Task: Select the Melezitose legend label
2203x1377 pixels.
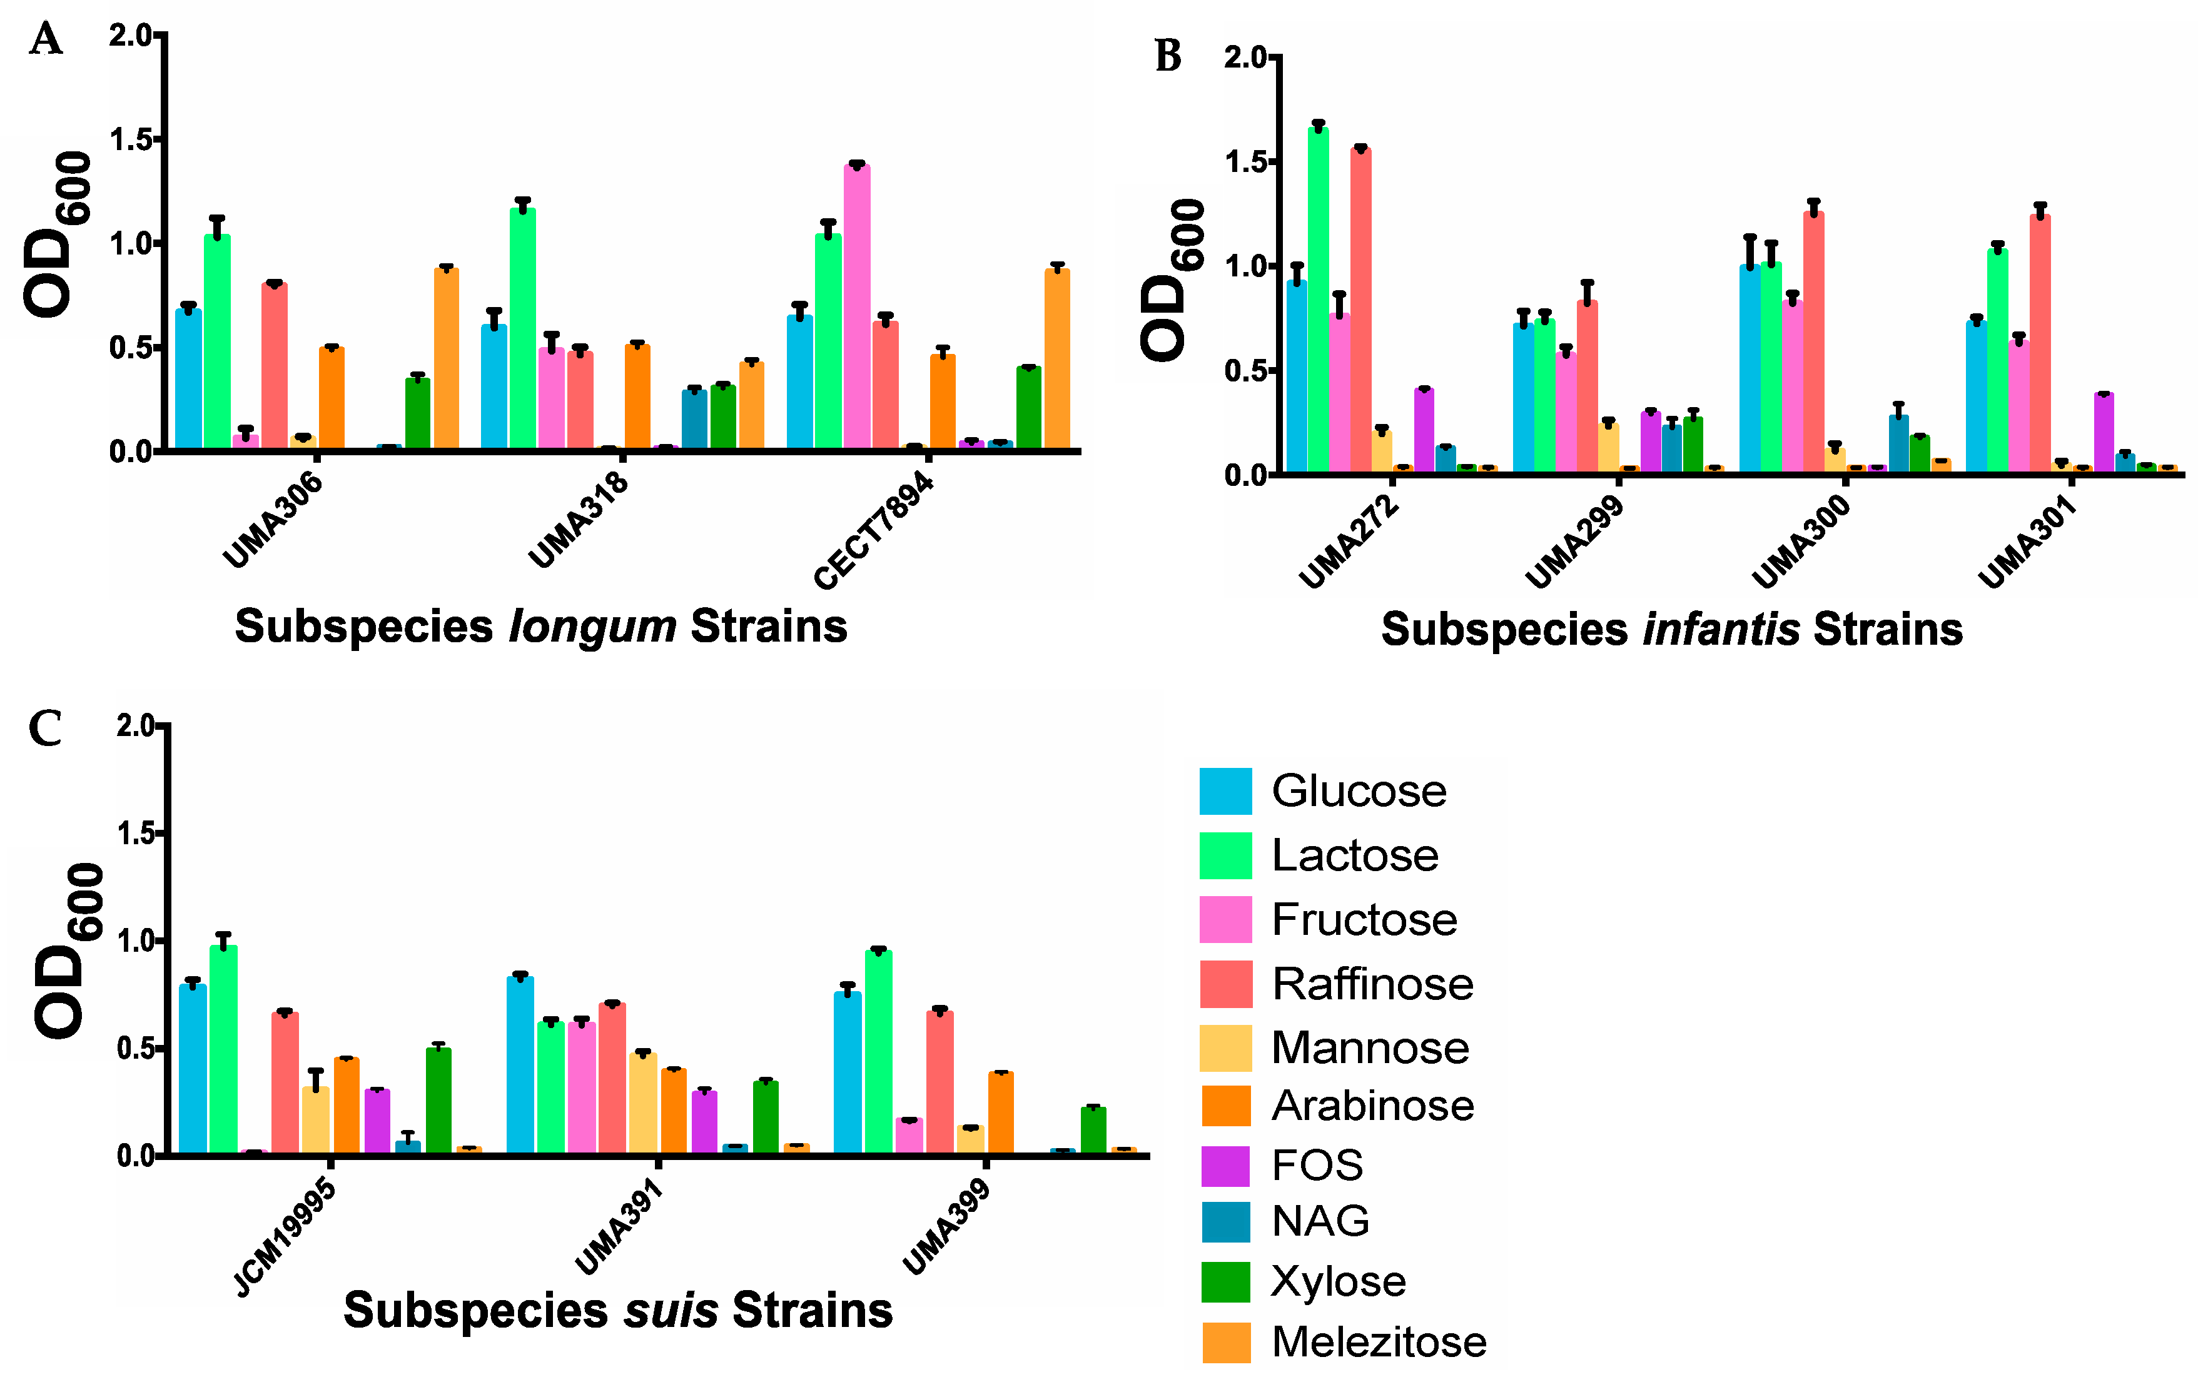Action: [1378, 1341]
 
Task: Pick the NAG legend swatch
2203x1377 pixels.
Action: [1225, 1222]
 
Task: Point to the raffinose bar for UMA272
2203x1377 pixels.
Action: [1360, 310]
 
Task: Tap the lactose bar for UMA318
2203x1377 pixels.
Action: [523, 328]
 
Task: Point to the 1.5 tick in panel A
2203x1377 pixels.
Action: [129, 139]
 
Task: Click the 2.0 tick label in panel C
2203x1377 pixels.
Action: [136, 726]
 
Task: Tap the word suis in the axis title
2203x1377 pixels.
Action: [671, 1311]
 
